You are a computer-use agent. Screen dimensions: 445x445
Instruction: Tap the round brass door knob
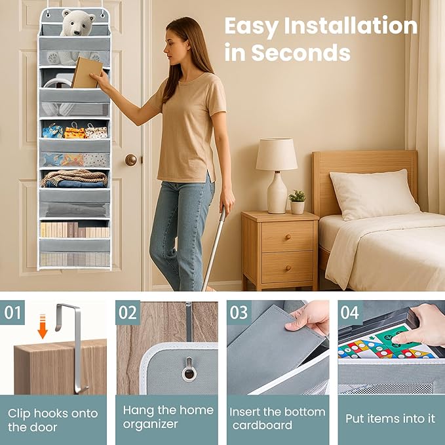[131, 160]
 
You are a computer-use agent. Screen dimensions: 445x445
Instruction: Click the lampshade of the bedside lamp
[277, 154]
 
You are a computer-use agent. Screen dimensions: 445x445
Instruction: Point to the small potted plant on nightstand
[297, 202]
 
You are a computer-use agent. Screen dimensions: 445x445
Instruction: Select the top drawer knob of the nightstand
[288, 237]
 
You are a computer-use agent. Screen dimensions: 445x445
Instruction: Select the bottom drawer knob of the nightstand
[288, 267]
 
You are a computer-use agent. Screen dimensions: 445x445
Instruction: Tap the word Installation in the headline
[351, 26]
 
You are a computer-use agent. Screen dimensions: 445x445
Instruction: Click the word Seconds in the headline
[301, 52]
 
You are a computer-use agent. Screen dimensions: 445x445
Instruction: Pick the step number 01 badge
[12, 313]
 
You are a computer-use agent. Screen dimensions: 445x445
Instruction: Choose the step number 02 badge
[128, 313]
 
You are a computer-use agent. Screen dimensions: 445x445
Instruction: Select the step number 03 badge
[239, 313]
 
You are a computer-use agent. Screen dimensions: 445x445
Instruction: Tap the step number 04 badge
[350, 313]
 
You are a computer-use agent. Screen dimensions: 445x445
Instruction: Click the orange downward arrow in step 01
[43, 326]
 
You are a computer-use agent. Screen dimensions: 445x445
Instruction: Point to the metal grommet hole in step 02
[189, 372]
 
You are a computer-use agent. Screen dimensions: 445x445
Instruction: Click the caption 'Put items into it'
[390, 419]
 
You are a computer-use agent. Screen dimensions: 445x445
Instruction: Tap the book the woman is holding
[87, 72]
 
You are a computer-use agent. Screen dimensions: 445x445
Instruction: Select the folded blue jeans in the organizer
[75, 184]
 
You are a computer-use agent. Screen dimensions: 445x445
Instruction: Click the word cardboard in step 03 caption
[262, 425]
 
